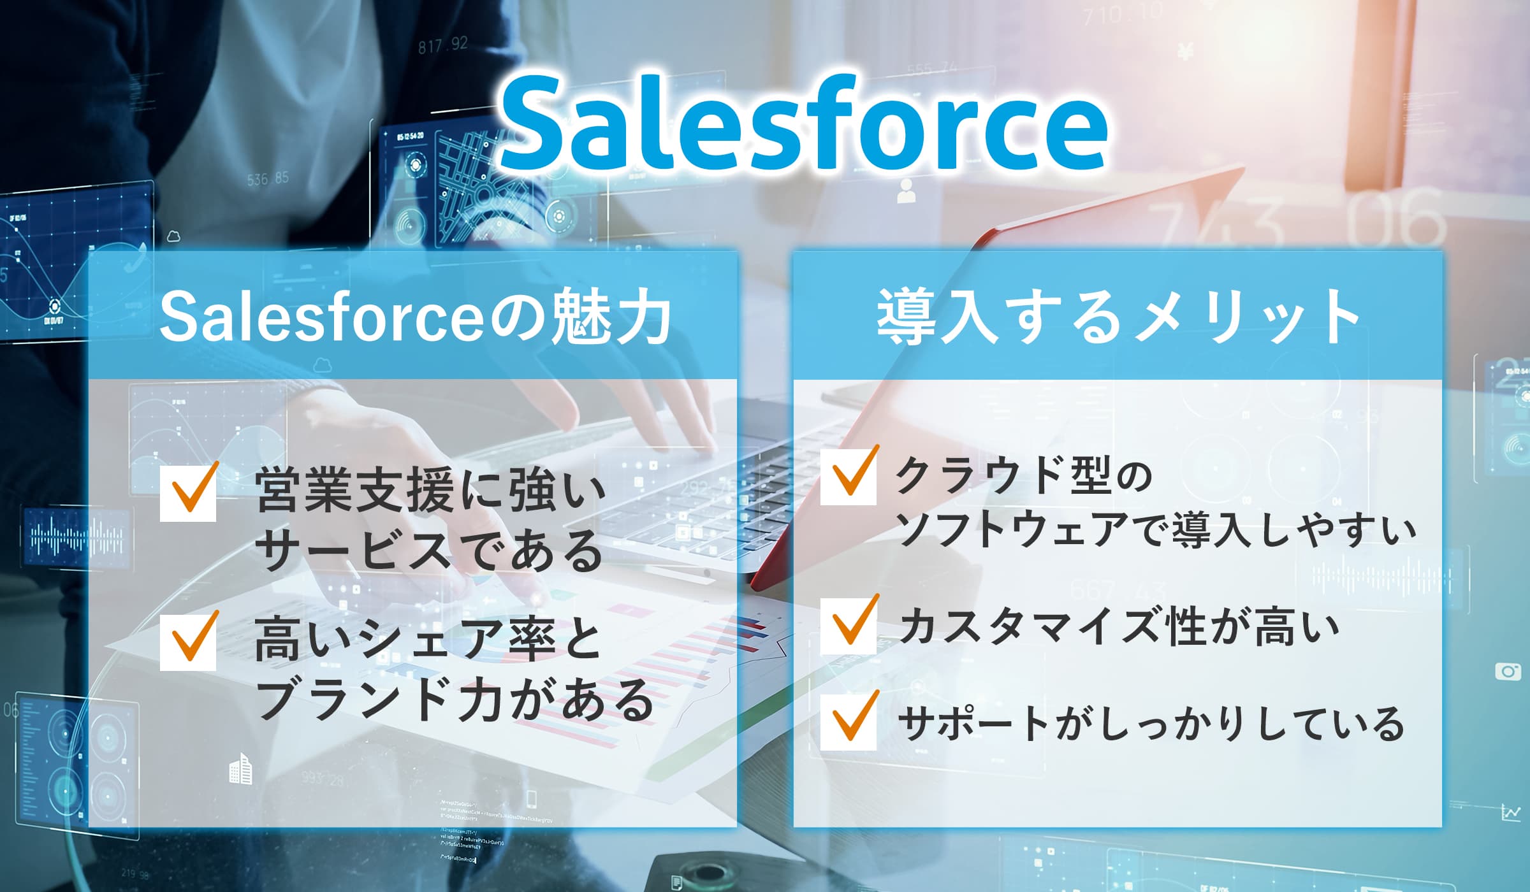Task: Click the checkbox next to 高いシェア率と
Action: click(188, 642)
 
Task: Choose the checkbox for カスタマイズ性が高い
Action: click(848, 626)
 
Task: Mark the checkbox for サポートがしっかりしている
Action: click(848, 722)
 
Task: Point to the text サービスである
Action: click(428, 550)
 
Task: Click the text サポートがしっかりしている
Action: click(1151, 724)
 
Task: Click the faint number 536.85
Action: click(268, 178)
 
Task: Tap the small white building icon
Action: click(240, 769)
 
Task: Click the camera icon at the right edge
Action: click(1508, 672)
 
